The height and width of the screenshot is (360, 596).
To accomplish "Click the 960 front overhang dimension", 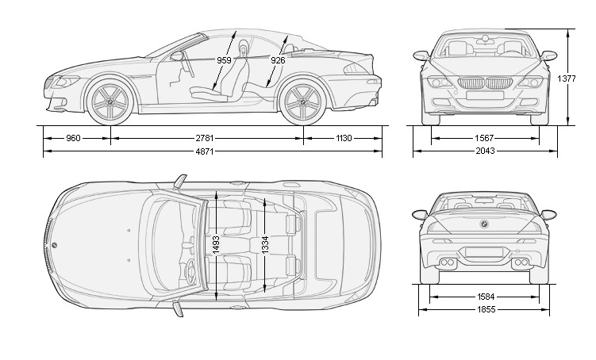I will point(73,138).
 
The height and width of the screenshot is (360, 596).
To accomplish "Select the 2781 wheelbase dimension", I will point(206,138).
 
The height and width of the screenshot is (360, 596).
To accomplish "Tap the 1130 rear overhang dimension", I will point(343,138).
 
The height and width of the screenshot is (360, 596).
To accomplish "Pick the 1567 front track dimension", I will point(484,138).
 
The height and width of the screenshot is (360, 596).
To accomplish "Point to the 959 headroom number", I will point(224,60).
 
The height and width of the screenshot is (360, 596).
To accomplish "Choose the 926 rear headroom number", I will point(278,60).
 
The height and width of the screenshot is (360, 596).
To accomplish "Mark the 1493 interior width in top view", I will point(215,244).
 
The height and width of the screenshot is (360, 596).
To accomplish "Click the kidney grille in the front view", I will point(484,82).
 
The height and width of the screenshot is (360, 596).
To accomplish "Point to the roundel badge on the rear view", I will point(484,225).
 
